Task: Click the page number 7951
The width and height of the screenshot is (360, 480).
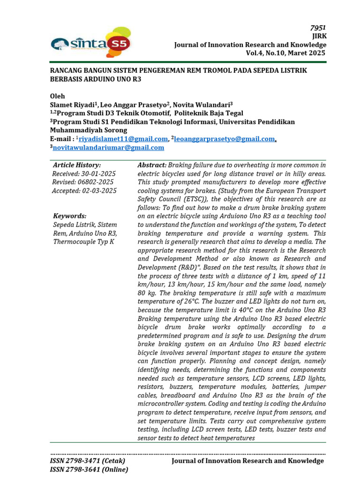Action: (318, 28)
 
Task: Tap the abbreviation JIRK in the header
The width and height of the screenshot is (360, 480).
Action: (320, 36)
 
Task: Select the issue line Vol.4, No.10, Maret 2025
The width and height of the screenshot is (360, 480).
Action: (285, 53)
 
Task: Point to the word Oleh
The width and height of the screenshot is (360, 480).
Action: (58, 96)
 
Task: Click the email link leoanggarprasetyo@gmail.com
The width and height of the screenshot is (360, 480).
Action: (224, 139)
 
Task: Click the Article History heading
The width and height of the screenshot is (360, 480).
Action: (77, 165)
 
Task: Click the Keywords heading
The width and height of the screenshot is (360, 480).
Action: (69, 216)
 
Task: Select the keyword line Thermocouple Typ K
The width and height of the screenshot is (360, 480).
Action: (83, 242)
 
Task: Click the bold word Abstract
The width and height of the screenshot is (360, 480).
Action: (151, 165)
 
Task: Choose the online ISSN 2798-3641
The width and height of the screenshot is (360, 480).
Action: (89, 469)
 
